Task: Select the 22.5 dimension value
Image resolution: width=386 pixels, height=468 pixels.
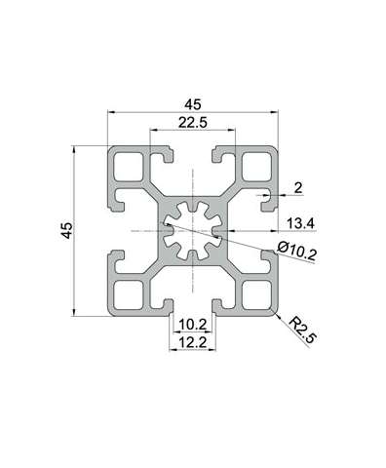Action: (x=191, y=122)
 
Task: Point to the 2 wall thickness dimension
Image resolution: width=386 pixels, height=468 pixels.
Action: (x=298, y=187)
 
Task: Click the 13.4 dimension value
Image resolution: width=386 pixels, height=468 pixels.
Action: (x=302, y=223)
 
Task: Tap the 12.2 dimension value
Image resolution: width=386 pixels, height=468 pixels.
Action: (x=191, y=342)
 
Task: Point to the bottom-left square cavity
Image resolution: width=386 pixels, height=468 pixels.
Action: (x=128, y=296)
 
